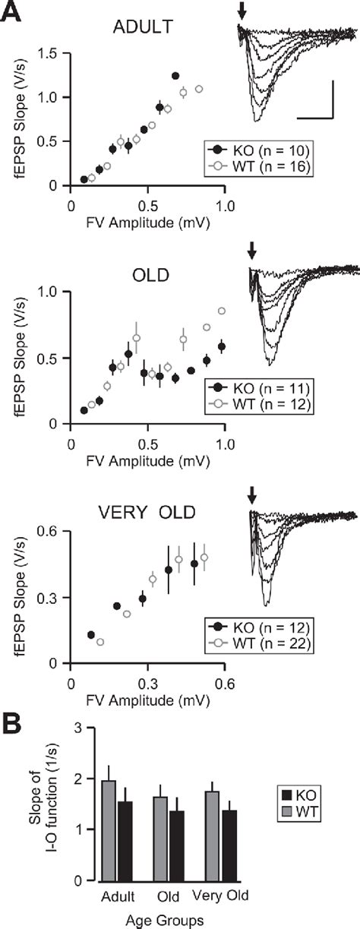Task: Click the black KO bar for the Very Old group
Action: click(221, 845)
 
